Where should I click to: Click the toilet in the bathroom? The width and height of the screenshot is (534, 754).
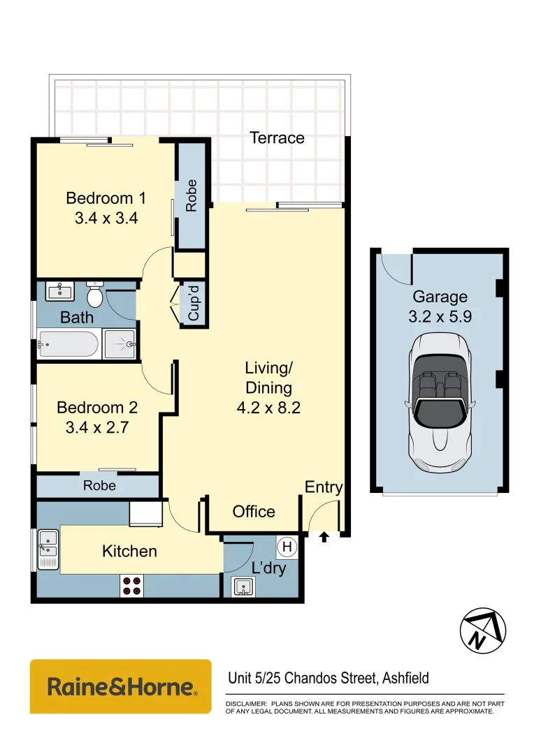pos(95,296)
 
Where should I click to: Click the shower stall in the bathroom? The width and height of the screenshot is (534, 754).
pos(120,344)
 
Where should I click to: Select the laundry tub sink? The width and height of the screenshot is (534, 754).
pos(242,587)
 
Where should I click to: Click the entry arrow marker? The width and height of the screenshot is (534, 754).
pos(324,537)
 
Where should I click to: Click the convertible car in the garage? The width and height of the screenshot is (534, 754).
pos(440,401)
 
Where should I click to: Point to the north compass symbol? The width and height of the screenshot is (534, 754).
pos(482,632)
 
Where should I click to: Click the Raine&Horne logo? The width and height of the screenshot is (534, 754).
pos(120,686)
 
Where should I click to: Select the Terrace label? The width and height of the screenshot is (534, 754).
pos(277,138)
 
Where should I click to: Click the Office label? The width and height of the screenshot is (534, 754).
pos(254,511)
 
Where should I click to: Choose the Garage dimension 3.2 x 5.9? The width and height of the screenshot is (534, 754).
pos(440,316)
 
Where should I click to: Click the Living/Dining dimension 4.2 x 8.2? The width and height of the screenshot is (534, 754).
pos(268,408)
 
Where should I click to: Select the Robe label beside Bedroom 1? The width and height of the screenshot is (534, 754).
pos(191,195)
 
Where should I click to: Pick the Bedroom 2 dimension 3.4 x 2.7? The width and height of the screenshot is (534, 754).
pos(97,427)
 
